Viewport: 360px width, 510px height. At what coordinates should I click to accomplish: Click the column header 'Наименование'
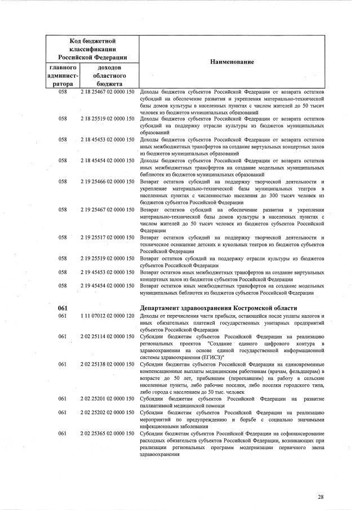tap(233, 61)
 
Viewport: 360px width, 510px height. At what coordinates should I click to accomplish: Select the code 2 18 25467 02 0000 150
tap(107, 91)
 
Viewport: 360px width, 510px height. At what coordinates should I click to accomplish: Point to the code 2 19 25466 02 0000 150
tap(107, 182)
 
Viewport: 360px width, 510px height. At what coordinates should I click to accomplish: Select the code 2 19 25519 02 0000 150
tap(107, 258)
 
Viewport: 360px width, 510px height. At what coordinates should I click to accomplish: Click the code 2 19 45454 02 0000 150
tap(107, 286)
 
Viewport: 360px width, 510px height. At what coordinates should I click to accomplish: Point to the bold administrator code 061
tap(63, 308)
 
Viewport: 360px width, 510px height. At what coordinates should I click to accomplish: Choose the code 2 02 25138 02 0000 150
tap(107, 365)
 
